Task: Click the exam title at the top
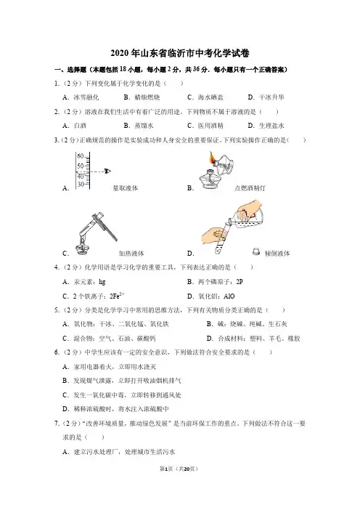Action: (180, 53)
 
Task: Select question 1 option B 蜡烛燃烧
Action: (142, 97)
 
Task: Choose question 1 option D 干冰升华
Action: (266, 97)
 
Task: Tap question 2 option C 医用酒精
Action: (205, 126)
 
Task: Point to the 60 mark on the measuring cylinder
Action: (81, 155)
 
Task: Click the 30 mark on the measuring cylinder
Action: (81, 184)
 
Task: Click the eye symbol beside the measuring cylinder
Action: (108, 171)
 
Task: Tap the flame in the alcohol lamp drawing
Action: (212, 158)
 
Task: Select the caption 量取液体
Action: (126, 188)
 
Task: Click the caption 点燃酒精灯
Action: (250, 188)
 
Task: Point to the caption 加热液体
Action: (131, 254)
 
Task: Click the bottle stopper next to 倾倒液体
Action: (256, 251)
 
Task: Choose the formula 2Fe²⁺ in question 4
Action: (118, 296)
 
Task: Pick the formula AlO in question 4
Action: (229, 296)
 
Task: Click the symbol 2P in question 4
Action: (240, 282)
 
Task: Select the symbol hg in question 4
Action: (102, 282)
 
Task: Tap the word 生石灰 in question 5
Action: (278, 324)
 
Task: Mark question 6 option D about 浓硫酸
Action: (116, 409)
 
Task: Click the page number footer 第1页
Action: (166, 469)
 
